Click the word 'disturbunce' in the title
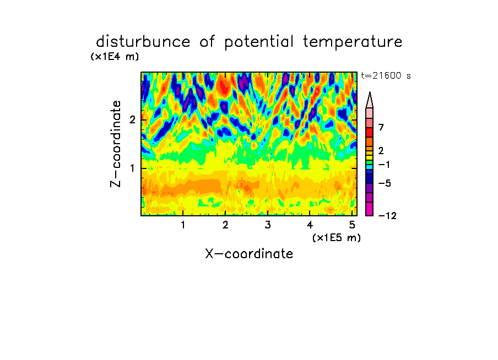click(x=143, y=42)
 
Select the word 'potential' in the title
click(x=259, y=42)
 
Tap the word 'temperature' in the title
click(x=353, y=42)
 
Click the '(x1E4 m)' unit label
click(x=115, y=57)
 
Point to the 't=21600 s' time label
click(x=386, y=75)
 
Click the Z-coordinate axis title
click(x=116, y=144)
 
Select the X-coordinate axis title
click(x=249, y=254)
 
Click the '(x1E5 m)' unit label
click(x=337, y=238)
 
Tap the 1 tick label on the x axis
click(x=183, y=225)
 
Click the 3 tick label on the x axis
click(x=268, y=225)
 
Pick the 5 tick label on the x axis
click(x=352, y=225)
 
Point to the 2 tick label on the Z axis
click(x=132, y=119)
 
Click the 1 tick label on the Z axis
click(x=132, y=168)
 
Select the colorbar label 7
click(x=381, y=128)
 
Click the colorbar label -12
click(x=387, y=216)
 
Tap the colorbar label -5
click(x=385, y=183)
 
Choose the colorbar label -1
click(x=384, y=165)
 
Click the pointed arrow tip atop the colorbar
click(x=370, y=92)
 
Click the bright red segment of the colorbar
click(x=370, y=132)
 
